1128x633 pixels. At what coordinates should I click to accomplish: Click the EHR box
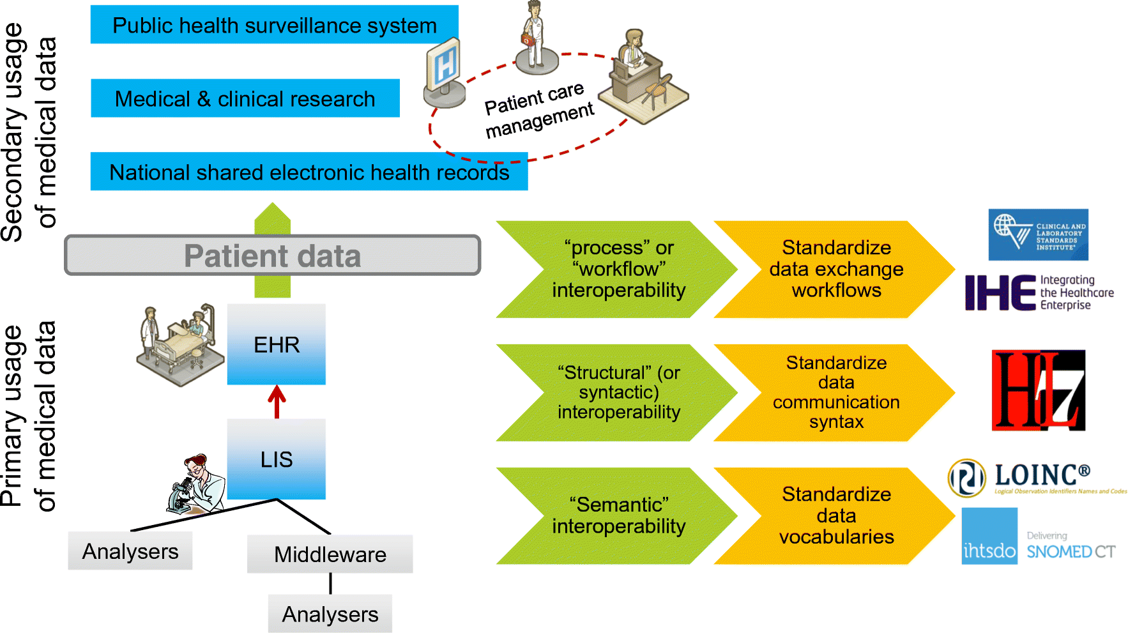tap(276, 344)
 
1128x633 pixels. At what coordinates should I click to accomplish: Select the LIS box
tap(276, 459)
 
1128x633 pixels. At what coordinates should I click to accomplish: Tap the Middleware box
tap(330, 554)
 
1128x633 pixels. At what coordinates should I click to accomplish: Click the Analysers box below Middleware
tap(330, 614)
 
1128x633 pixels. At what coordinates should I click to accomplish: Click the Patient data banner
tap(272, 255)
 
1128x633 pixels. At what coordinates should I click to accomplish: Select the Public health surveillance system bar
tap(274, 26)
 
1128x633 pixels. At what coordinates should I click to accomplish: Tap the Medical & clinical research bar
tap(245, 98)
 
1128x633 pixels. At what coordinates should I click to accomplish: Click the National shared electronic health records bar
tap(309, 172)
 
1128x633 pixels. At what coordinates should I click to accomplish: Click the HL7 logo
tap(1038, 390)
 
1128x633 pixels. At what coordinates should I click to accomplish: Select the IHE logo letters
tap(1000, 293)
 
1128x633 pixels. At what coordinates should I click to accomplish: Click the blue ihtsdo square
tap(989, 536)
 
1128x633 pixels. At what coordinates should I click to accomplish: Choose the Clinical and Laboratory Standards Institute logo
tap(1038, 234)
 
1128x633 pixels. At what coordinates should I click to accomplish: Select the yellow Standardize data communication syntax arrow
tap(834, 393)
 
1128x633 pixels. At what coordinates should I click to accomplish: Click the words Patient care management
tap(538, 109)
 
